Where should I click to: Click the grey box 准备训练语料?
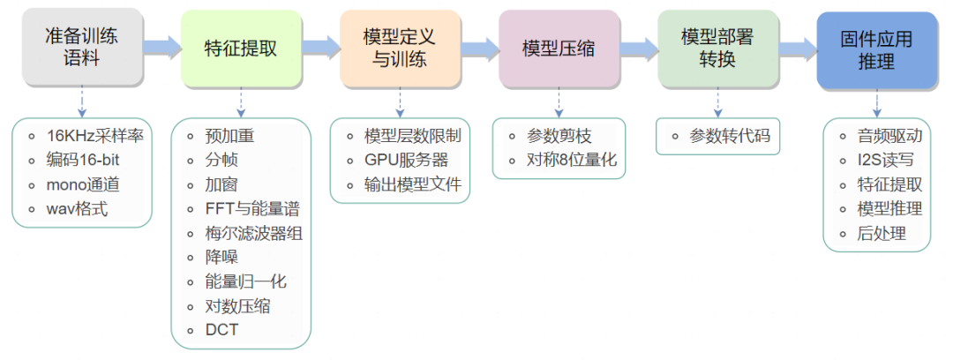click(80, 49)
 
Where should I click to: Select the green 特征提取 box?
click(240, 49)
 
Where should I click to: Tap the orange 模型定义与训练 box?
click(399, 49)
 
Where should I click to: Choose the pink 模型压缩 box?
click(558, 49)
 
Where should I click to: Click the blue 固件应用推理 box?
click(875, 50)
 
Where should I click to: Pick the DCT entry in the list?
click(221, 331)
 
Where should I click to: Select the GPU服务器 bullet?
click(406, 161)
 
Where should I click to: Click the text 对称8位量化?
click(572, 161)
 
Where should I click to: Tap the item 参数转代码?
click(730, 136)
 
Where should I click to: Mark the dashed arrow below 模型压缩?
click(558, 102)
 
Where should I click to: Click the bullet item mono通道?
click(83, 185)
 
